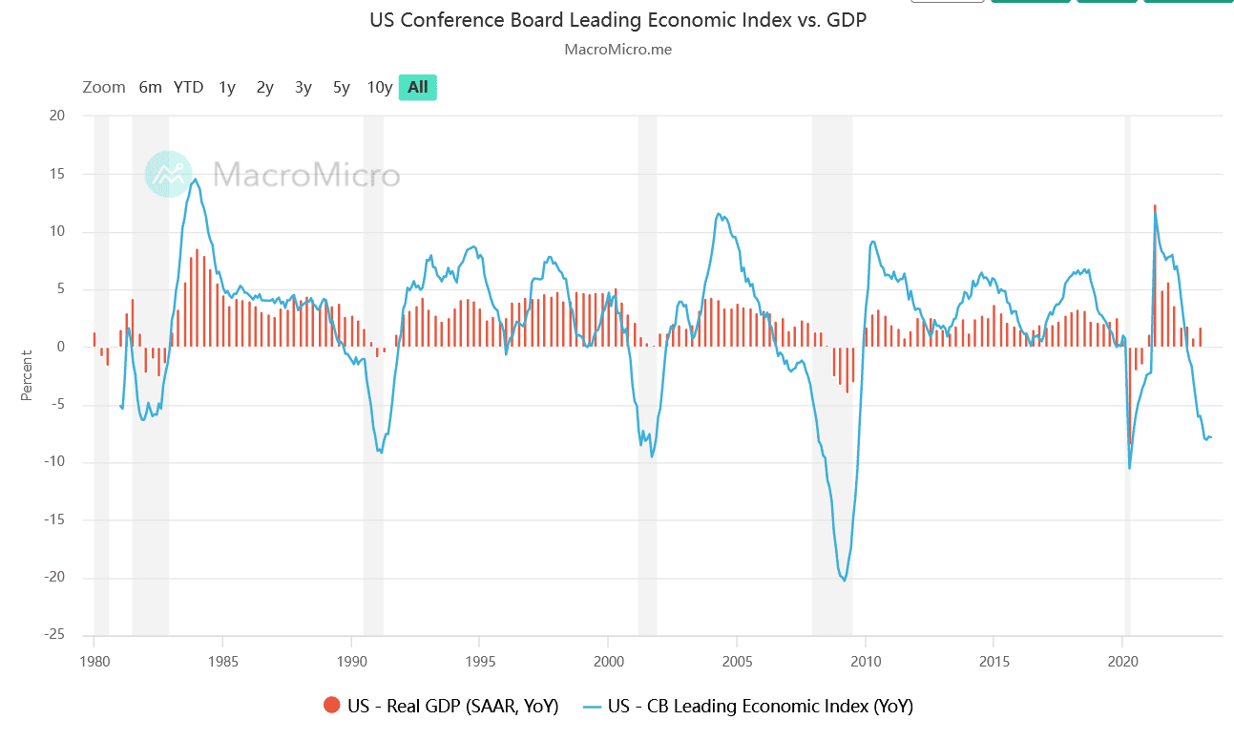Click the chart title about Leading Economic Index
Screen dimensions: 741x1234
617,20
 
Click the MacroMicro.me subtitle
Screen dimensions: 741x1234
617,49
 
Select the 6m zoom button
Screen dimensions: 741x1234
151,87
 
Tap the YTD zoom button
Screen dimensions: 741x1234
188,87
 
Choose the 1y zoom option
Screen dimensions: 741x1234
227,87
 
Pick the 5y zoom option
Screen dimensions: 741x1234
342,87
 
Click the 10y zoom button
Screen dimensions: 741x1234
380,87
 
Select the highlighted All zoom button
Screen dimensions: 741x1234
418,87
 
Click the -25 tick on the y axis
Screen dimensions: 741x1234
53,635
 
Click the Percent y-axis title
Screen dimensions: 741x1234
28,375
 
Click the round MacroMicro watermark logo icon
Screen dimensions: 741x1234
169,174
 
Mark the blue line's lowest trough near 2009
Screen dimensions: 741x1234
845,580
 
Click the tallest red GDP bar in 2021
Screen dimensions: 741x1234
1155,277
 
